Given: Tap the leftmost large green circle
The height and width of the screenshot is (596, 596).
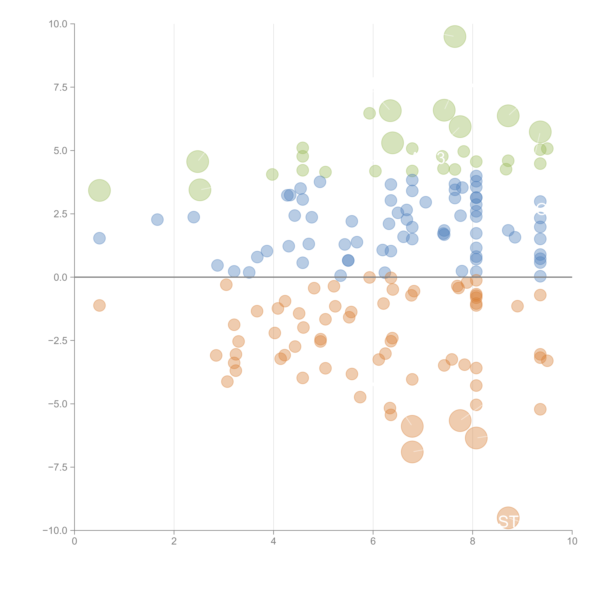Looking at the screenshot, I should click(99, 190).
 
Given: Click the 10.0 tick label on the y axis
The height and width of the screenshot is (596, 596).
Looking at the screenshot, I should click(58, 24).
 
